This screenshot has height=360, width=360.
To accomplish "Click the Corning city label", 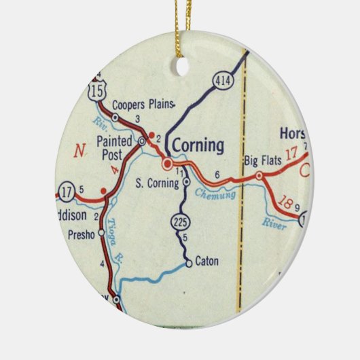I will coord(198,145).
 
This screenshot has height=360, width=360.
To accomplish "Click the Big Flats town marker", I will coord(259,176).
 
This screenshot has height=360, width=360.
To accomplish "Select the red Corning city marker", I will coord(166,164).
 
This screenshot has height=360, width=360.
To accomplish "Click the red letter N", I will coord(80,151).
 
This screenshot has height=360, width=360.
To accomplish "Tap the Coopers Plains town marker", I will coord(115,118).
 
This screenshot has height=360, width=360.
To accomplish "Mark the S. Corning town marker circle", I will coord(186,182).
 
